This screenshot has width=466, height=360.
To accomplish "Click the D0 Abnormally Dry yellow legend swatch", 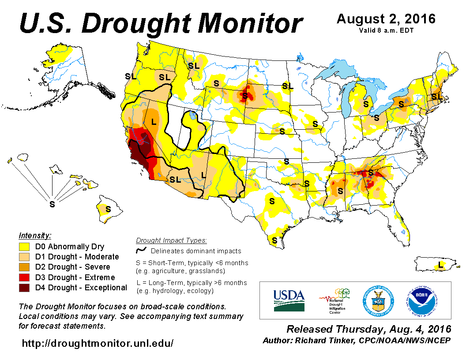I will (x=24, y=247).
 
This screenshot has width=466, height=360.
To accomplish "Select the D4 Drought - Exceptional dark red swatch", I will (x=24, y=288).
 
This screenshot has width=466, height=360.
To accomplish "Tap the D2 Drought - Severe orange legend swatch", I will (x=24, y=267).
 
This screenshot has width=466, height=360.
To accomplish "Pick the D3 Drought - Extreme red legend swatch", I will (x=24, y=277).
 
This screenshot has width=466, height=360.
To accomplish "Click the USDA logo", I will (x=289, y=300).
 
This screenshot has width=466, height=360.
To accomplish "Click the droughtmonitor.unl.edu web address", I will (x=98, y=343).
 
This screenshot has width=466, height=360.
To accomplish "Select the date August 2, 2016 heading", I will (x=386, y=19).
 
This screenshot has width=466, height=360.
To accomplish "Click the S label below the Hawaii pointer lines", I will (x=53, y=204).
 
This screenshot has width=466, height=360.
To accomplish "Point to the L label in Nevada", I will (x=153, y=122).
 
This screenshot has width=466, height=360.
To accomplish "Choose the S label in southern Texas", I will (x=274, y=240).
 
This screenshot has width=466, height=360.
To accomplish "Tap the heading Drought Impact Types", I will (x=171, y=240).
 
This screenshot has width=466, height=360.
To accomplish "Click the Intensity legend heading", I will (x=35, y=235).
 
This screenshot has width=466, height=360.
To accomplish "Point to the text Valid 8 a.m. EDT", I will (x=386, y=30).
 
